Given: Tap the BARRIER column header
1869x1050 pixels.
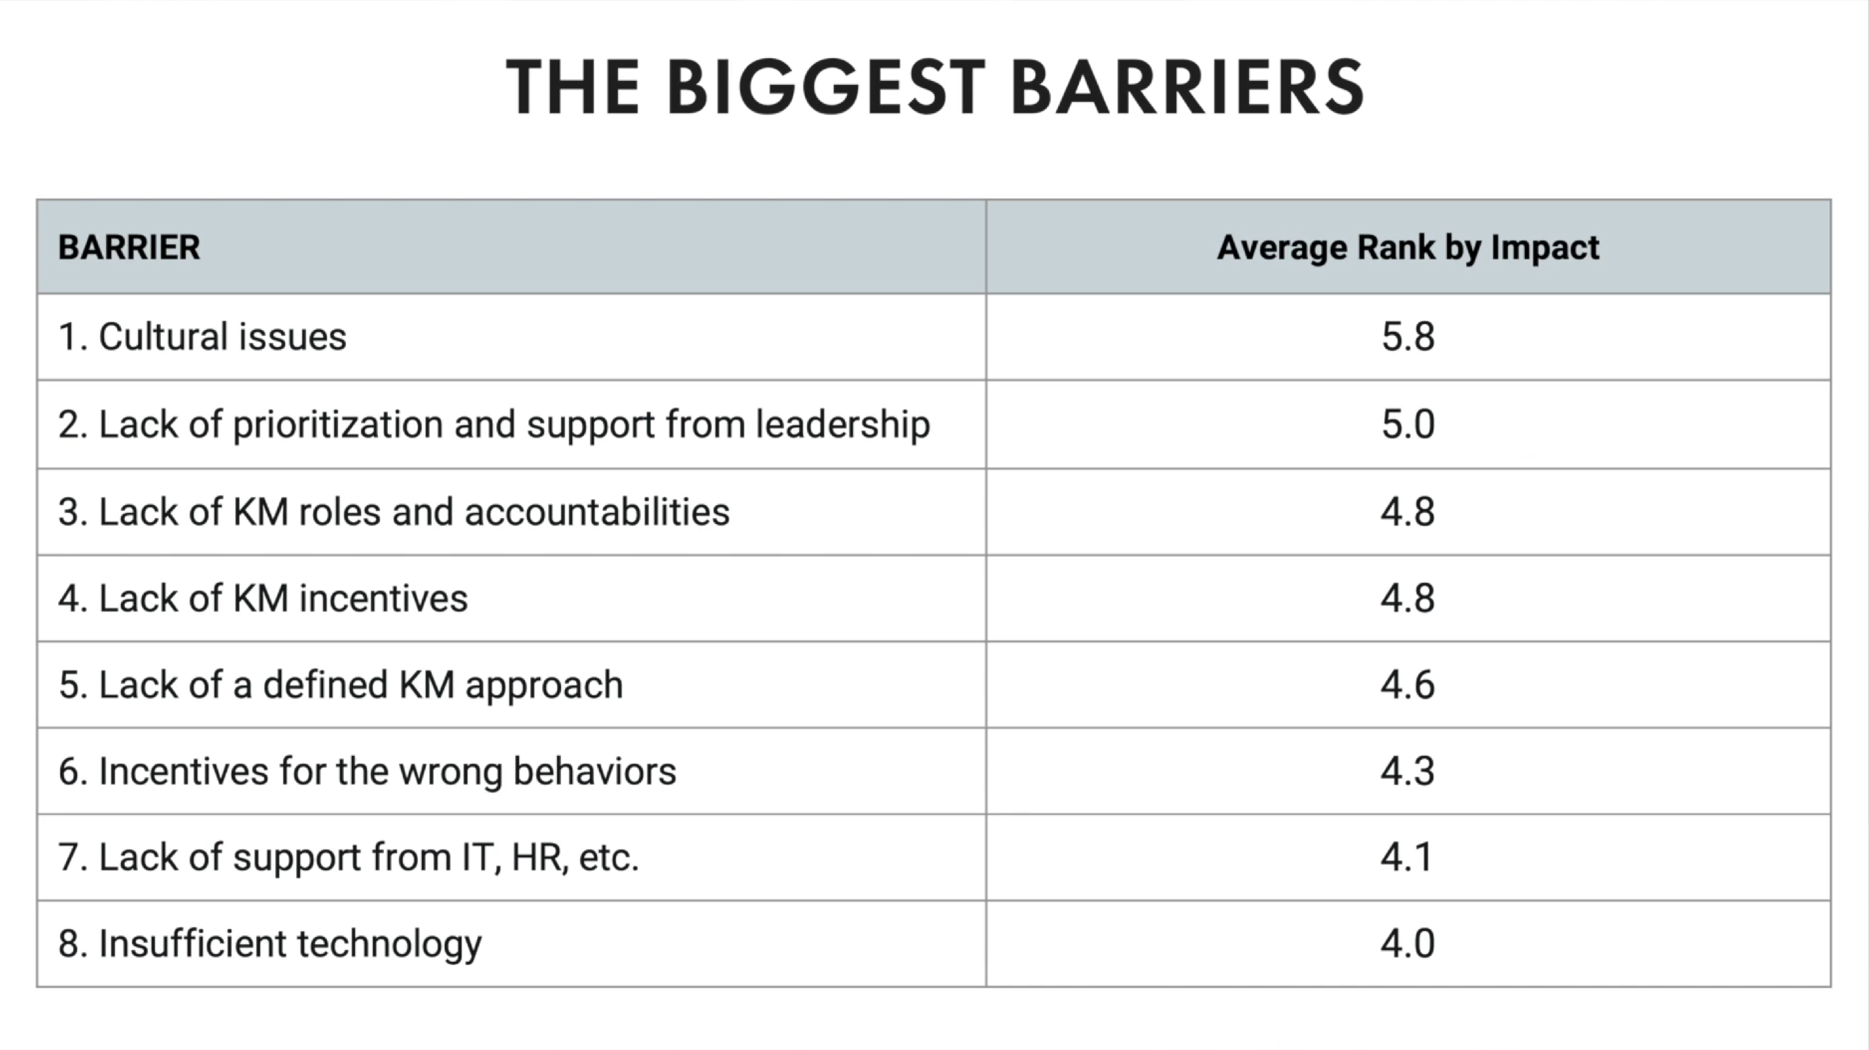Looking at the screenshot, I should coord(129,247).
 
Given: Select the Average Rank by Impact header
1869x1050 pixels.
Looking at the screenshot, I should coord(1407,247).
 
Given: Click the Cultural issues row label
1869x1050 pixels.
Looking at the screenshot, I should coord(203,336).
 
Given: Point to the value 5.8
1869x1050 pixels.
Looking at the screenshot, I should coord(1407,336).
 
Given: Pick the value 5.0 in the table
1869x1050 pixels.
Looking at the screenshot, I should coord(1407,423).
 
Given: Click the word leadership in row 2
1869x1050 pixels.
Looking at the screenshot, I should coord(842,423).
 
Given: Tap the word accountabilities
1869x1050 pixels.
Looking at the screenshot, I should coord(596,512).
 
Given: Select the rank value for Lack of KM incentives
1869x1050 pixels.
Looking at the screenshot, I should coord(1407,599).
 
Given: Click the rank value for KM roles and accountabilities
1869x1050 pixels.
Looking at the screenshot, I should coord(1407,512).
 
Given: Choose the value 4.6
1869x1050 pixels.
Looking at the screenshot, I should coord(1407,685).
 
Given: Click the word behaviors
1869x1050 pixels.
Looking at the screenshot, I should coord(595,771).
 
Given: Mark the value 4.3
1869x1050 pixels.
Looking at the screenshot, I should coord(1407,771).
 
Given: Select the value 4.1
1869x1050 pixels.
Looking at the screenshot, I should coord(1407,857).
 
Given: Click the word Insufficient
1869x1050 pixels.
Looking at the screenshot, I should coord(192,943).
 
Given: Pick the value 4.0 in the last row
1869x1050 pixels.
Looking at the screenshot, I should coord(1407,943).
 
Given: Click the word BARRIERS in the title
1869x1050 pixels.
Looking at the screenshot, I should coord(1187,88).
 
